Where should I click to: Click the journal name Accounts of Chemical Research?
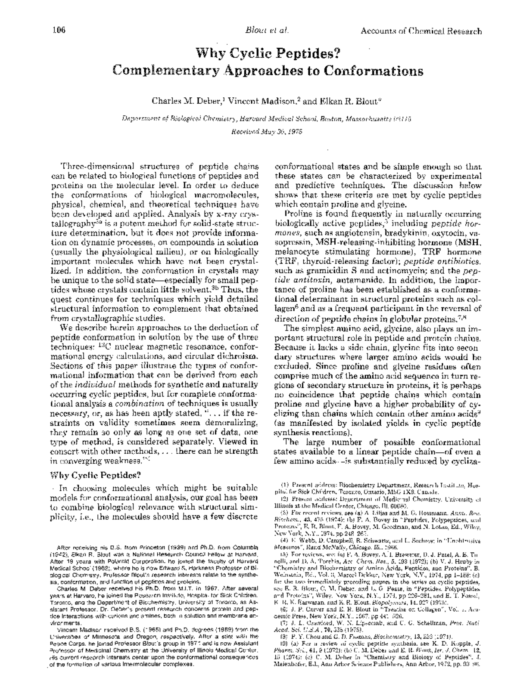pos(420,31)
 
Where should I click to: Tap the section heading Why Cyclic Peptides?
pos(96,475)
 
